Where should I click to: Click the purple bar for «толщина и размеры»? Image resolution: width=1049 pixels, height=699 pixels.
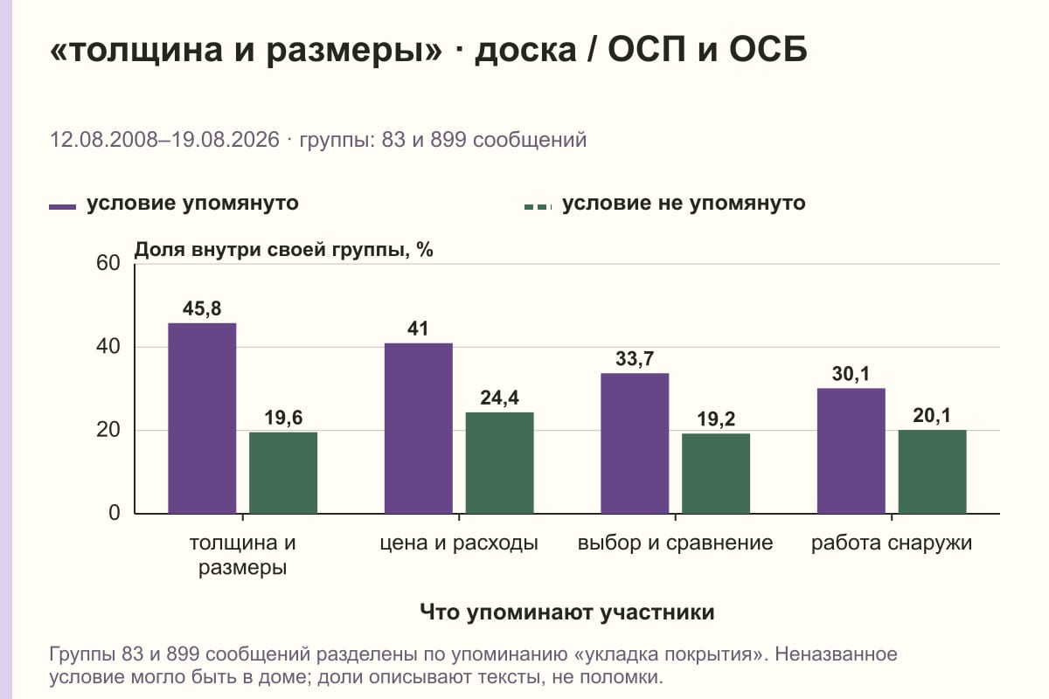202,418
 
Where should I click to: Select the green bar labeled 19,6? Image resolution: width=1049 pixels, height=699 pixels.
283,473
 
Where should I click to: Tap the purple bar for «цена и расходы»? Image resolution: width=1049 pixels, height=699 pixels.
418,428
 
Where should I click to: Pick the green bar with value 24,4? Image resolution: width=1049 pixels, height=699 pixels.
499,463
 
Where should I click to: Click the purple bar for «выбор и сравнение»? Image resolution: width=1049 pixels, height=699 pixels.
635,443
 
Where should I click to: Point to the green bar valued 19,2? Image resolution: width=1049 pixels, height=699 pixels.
716,474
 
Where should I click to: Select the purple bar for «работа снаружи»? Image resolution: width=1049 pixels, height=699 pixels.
851,451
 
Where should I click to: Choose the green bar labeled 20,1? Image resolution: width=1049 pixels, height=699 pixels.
932,472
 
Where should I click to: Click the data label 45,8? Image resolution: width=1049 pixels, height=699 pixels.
202,308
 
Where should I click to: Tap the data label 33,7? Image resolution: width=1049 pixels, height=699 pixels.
635,358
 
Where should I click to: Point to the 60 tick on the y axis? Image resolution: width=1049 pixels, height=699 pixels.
108,263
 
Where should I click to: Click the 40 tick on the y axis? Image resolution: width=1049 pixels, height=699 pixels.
108,347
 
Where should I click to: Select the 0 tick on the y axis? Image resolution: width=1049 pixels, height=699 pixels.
115,513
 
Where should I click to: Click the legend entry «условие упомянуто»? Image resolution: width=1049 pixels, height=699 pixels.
174,204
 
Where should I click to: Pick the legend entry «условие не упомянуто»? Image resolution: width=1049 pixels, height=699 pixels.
665,204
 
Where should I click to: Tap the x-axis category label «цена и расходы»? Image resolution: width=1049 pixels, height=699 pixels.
459,543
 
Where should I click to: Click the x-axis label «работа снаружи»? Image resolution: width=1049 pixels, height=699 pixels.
892,543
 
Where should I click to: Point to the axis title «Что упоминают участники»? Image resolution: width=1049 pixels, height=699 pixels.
567,612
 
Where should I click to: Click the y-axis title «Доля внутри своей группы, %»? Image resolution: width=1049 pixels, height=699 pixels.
284,250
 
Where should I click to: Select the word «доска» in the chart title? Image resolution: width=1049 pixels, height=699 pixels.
525,51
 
